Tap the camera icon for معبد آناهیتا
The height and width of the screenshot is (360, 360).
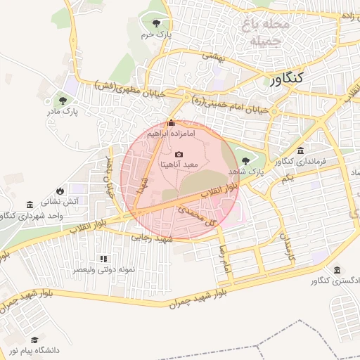tap(179, 154)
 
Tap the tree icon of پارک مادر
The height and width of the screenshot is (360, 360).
tap(64, 101)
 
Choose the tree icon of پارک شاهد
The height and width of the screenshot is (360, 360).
tap(245, 161)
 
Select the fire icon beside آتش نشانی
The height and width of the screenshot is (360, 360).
tap(60, 191)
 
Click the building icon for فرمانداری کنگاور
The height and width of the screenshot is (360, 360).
tap(300, 151)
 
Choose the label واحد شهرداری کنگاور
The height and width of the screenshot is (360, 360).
tap(34, 215)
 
